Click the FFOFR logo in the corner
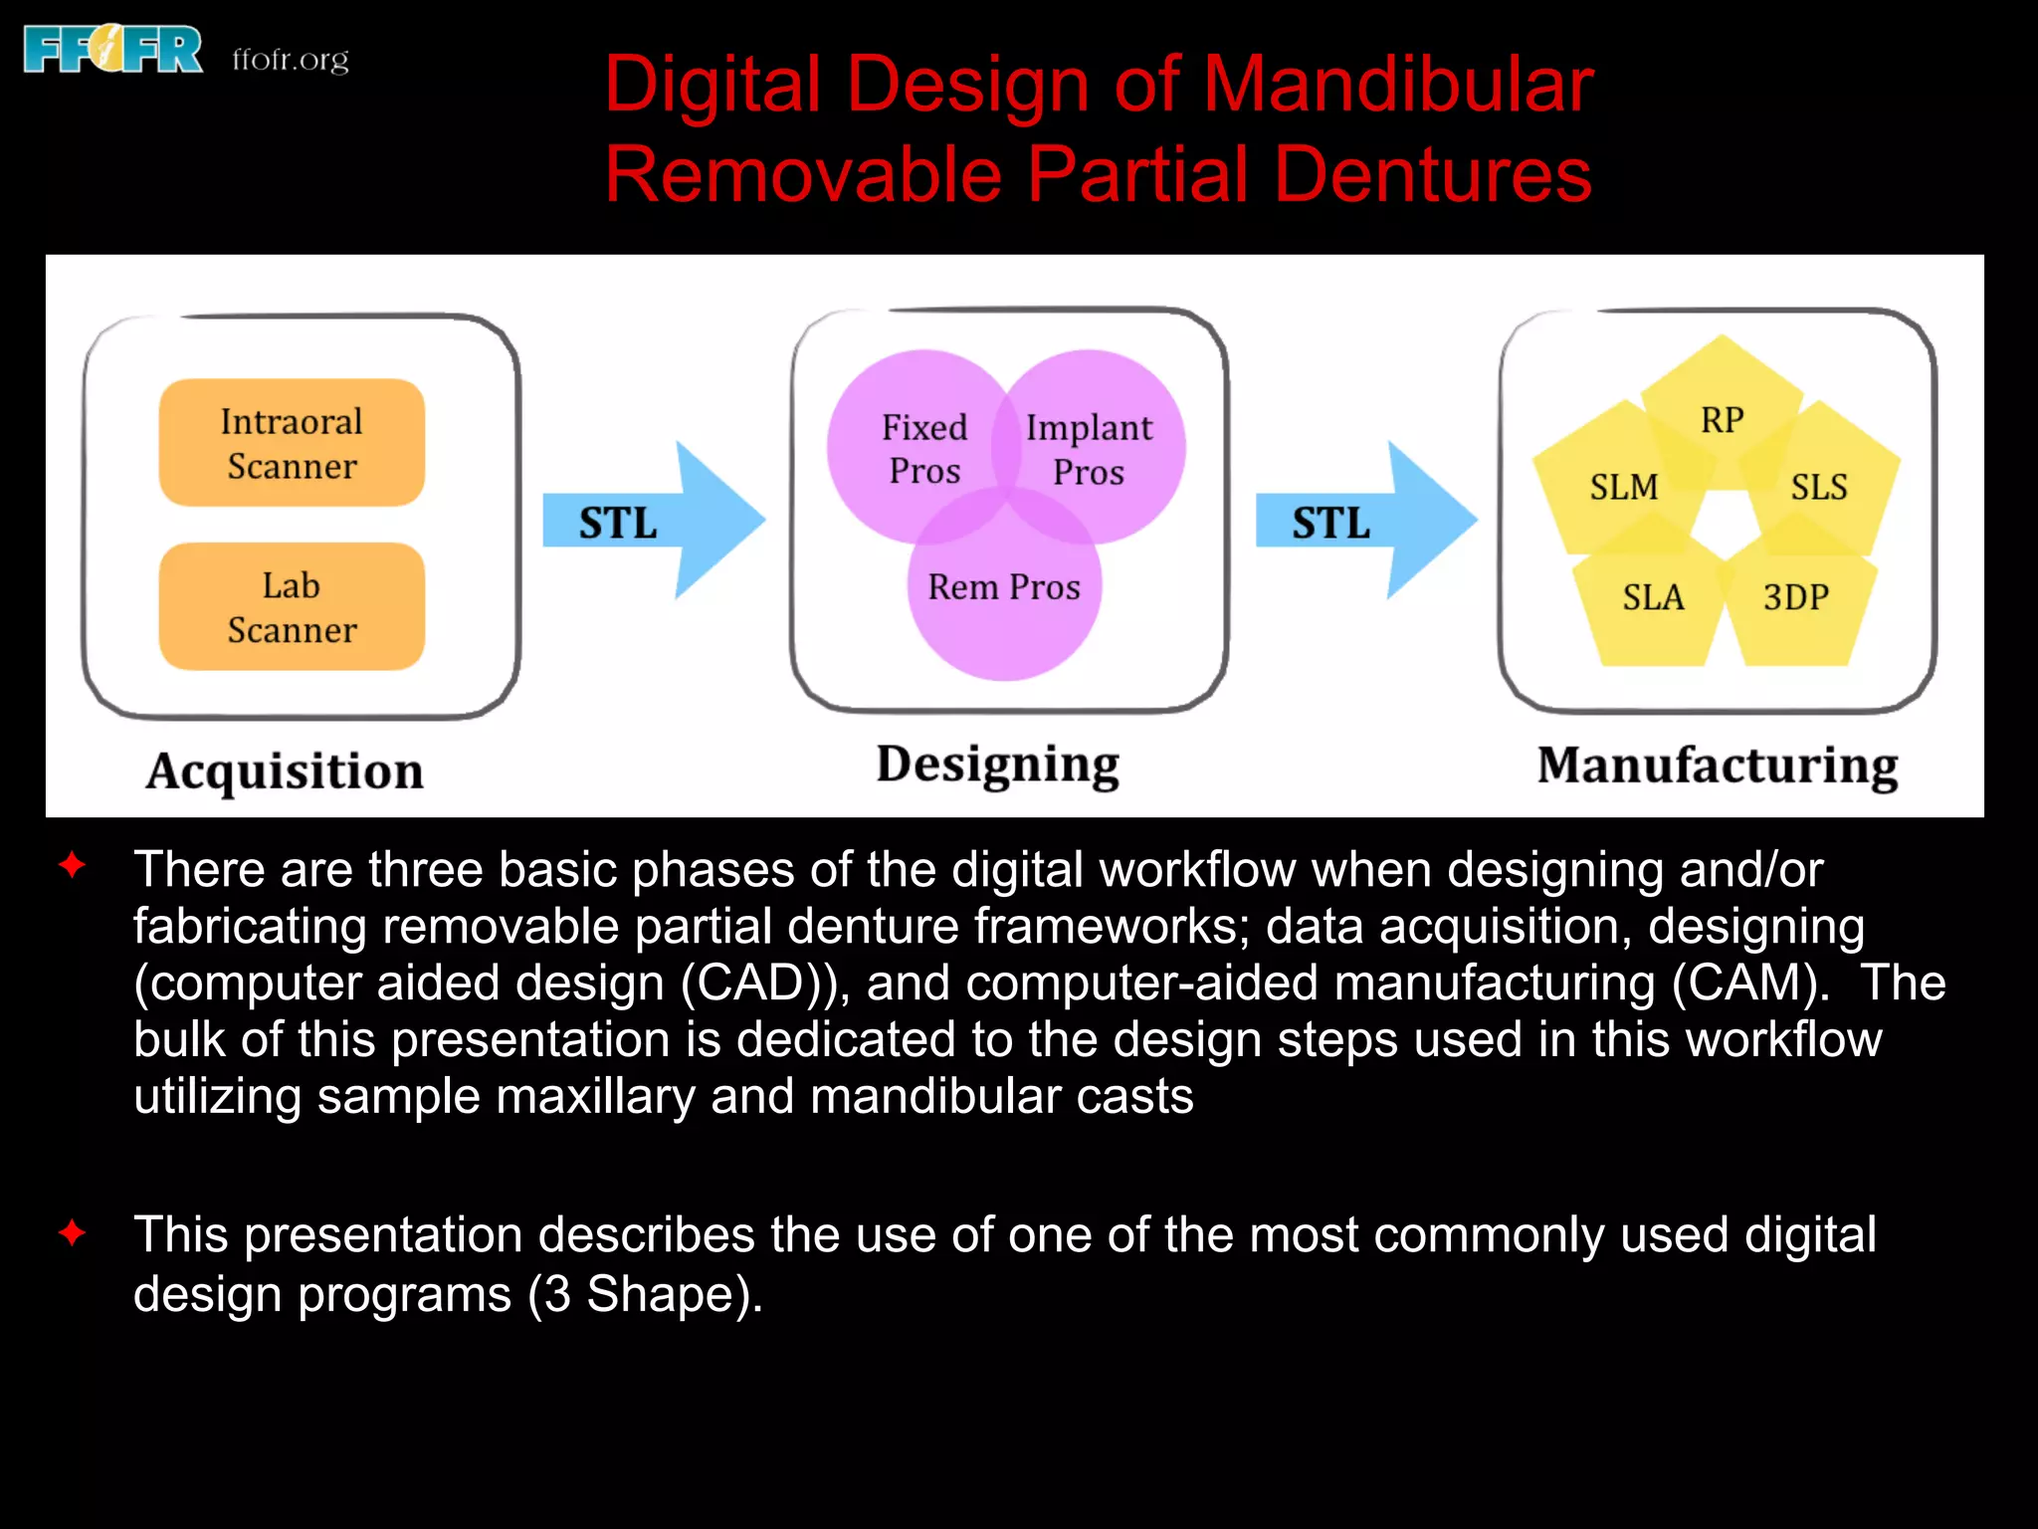click(x=112, y=51)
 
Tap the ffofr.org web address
click(x=291, y=60)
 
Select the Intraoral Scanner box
click(x=292, y=443)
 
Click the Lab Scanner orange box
click(x=292, y=606)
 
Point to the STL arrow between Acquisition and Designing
click(x=652, y=521)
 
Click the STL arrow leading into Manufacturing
click(x=1364, y=521)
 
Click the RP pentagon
click(x=1722, y=413)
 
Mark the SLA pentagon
click(x=1653, y=603)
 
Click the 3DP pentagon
click(x=1797, y=603)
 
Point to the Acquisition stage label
click(x=285, y=771)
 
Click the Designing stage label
click(x=997, y=765)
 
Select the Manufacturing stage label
click(x=1718, y=765)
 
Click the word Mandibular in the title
click(x=1398, y=85)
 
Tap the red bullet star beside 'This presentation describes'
click(x=73, y=1234)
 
